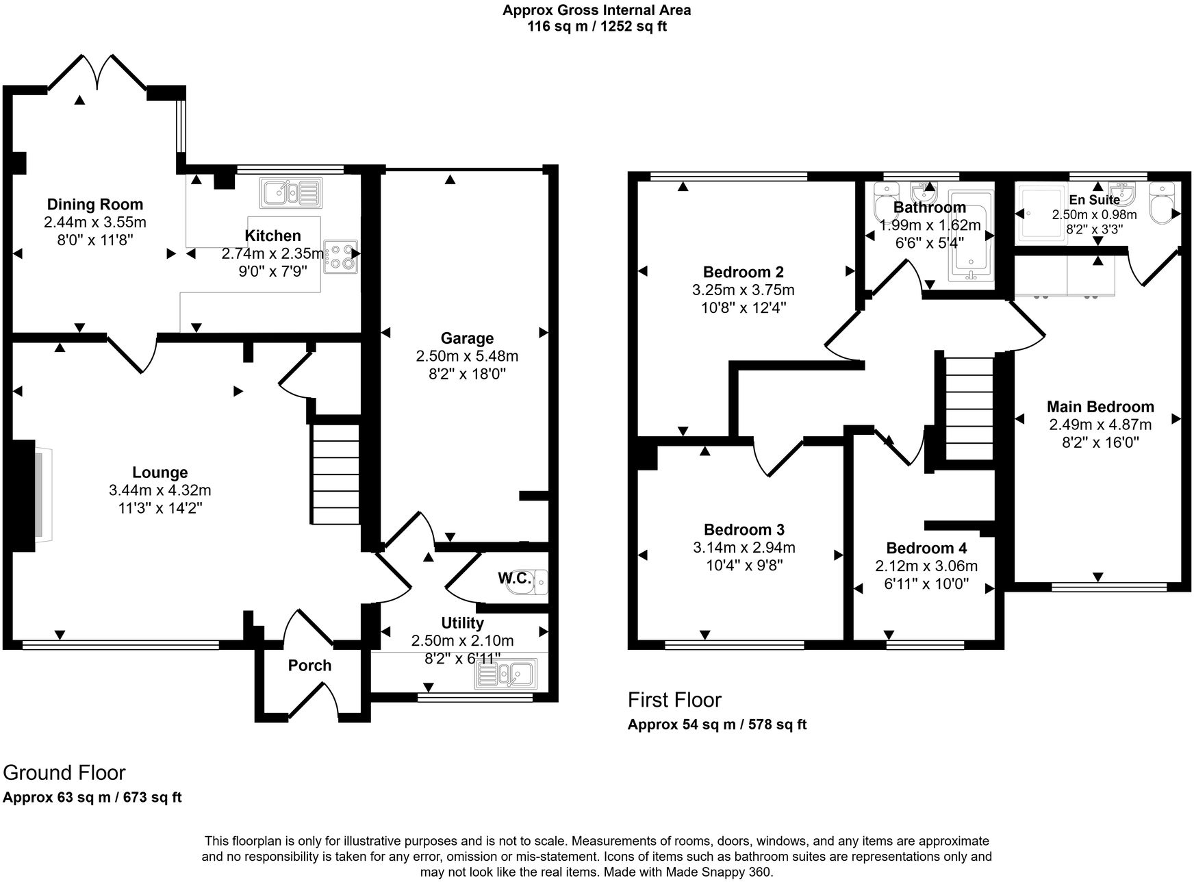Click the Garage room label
coord(467,338)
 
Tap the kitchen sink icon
coord(290,192)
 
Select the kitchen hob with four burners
coord(341,256)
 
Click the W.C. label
coord(514,579)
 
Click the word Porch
coord(309,666)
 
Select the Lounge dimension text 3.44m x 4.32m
coord(160,490)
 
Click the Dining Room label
coord(95,204)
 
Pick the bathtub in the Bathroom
coord(971,237)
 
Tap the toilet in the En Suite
coord(1163,204)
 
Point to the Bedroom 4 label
coord(926,549)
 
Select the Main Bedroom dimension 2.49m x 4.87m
coord(1100,425)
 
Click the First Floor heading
coord(674,700)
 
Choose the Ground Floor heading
coord(64,772)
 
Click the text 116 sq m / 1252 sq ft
coord(596,27)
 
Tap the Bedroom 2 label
coord(744,273)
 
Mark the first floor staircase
coord(969,409)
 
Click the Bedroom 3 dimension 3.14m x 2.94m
coord(744,547)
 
